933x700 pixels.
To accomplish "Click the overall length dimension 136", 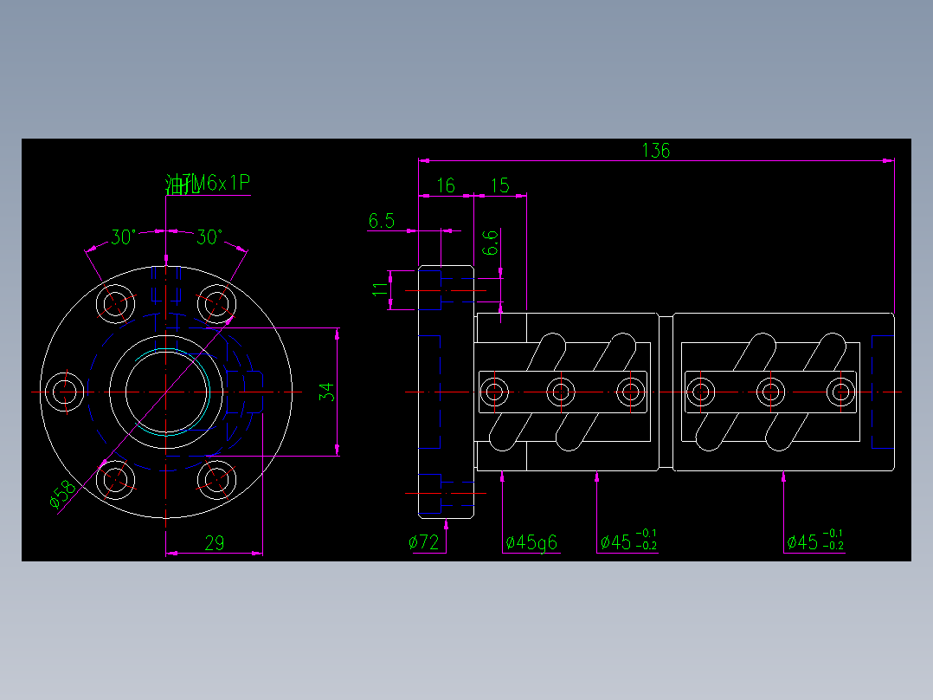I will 655,150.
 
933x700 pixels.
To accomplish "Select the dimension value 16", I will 446,185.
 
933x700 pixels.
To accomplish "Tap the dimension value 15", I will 499,185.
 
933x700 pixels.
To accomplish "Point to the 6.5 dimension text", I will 381,221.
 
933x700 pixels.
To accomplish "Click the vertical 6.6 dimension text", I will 490,243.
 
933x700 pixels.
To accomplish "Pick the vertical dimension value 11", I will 379,288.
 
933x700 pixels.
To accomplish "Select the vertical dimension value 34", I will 326,392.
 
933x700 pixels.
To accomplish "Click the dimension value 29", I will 214,543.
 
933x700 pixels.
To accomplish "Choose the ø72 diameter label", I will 424,543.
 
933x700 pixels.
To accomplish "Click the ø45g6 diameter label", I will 531,543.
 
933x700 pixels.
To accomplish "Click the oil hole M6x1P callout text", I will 208,184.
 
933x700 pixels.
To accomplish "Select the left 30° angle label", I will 123,237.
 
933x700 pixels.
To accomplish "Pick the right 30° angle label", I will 209,237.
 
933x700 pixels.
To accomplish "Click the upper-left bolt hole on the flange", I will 114,303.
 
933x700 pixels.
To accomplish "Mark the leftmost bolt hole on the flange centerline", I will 63,392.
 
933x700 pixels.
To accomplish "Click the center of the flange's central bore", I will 167,392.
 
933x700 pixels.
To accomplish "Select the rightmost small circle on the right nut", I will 838,392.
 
